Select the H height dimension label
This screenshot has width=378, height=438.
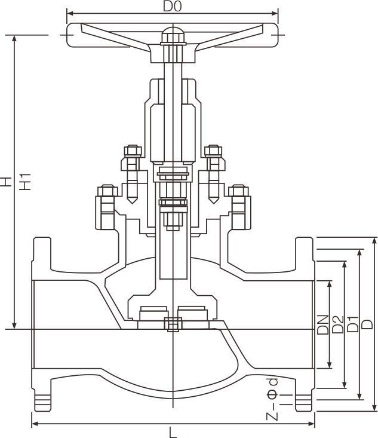point(5,182)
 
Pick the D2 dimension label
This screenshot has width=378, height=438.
point(337,324)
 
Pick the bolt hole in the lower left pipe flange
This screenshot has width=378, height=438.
point(41,399)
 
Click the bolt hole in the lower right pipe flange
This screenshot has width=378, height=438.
point(304,399)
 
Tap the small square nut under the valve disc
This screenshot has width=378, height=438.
point(172,325)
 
